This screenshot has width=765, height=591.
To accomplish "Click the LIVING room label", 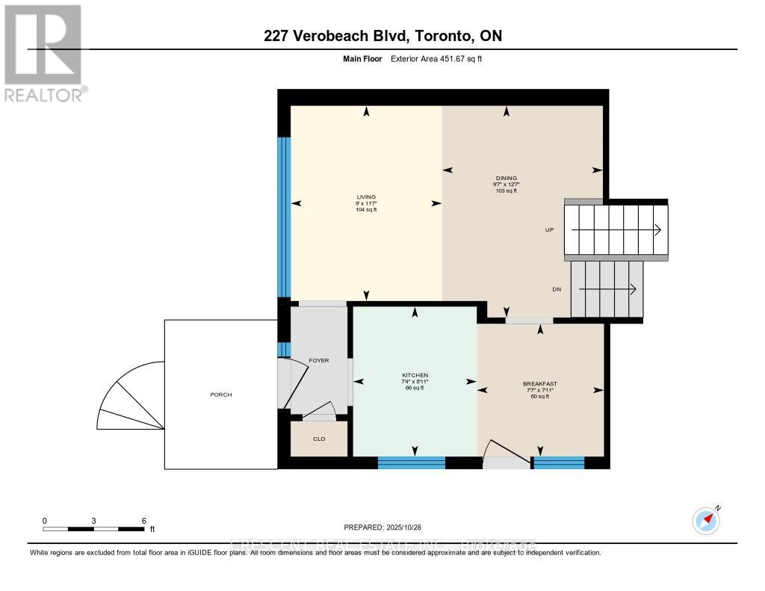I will (x=365, y=197).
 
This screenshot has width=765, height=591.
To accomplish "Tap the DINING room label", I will (x=506, y=178).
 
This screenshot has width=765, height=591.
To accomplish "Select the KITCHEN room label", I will (x=415, y=375).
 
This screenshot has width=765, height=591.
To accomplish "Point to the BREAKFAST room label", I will (x=539, y=384).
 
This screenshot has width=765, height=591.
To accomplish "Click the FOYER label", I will (x=319, y=361).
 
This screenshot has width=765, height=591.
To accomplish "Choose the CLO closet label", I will (x=319, y=439).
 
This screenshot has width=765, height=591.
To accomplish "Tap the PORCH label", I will (x=221, y=394).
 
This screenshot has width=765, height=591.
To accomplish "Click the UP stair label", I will (x=549, y=230).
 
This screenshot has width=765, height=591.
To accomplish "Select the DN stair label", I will (x=557, y=290).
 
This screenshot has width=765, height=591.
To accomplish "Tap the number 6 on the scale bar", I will (x=143, y=521).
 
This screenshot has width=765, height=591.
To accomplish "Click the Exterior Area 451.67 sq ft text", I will (x=436, y=58).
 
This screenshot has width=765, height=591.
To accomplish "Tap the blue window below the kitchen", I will (x=411, y=462).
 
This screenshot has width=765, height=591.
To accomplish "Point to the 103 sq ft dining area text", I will (x=506, y=191).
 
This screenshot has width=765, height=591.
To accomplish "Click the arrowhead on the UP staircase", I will (x=657, y=230).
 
